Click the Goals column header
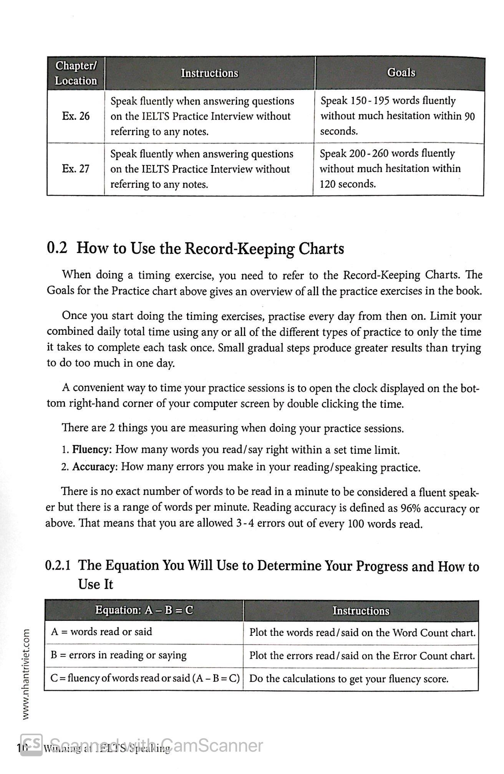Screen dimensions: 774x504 [x=401, y=73]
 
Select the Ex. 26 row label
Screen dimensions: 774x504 [x=76, y=116]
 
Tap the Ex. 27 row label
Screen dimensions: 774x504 [x=76, y=169]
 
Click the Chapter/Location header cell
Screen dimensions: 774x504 [x=76, y=73]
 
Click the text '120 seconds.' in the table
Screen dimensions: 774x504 [x=348, y=184]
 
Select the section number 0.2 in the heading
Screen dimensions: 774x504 [x=57, y=248]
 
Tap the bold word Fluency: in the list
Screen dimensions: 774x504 [x=92, y=449]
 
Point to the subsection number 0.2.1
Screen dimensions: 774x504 [x=58, y=566]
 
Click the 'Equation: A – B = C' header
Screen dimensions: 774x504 [x=144, y=610]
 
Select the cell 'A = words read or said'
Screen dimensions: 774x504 [x=101, y=632]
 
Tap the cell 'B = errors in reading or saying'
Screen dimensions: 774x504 [x=118, y=655]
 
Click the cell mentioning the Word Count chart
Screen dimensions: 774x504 [x=362, y=632]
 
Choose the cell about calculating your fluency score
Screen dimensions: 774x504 [x=349, y=678]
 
